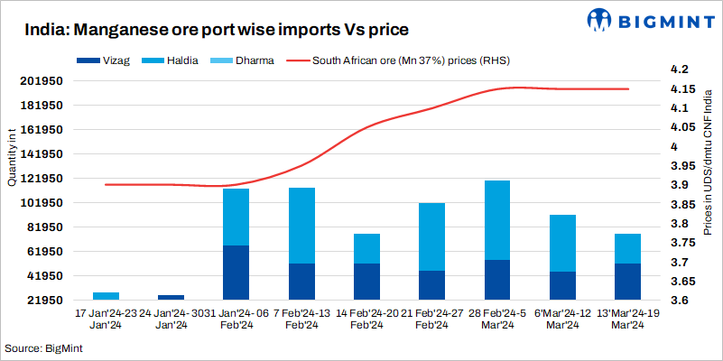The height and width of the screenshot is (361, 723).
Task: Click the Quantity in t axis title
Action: (12, 158)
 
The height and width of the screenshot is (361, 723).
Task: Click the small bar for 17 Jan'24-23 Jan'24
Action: (106, 295)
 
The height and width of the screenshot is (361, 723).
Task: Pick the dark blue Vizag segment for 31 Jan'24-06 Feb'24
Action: (236, 272)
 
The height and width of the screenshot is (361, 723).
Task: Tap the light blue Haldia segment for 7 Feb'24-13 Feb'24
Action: (301, 225)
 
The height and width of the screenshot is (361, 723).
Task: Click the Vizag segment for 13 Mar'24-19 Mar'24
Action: (627, 281)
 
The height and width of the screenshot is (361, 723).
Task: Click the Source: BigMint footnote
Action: (41, 348)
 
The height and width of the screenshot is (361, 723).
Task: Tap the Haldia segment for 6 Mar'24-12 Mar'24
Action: (562, 243)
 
